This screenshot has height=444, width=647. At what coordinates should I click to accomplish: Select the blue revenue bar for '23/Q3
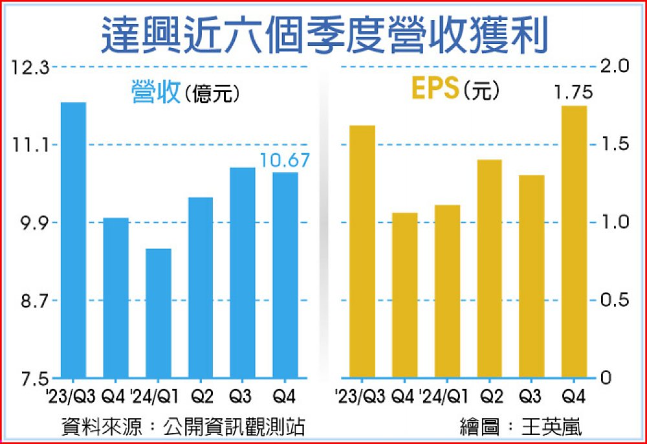73,239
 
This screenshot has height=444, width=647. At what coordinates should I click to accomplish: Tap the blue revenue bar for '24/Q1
159,313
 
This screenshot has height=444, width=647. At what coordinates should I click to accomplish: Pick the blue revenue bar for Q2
201,287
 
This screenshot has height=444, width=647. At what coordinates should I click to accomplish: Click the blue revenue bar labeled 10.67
285,274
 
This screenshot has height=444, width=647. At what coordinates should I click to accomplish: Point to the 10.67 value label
285,160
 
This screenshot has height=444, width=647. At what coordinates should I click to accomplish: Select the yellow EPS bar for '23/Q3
362,251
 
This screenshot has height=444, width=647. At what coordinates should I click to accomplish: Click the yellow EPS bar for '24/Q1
447,291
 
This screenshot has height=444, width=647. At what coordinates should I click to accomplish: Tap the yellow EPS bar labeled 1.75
574,241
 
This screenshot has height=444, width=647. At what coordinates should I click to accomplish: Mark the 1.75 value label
574,94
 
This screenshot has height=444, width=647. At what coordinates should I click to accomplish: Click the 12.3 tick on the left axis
29,66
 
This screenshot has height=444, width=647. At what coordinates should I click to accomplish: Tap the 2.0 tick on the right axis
615,66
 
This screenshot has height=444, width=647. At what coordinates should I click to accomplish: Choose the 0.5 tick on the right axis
615,300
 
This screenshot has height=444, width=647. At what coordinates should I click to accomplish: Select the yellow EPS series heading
437,90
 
